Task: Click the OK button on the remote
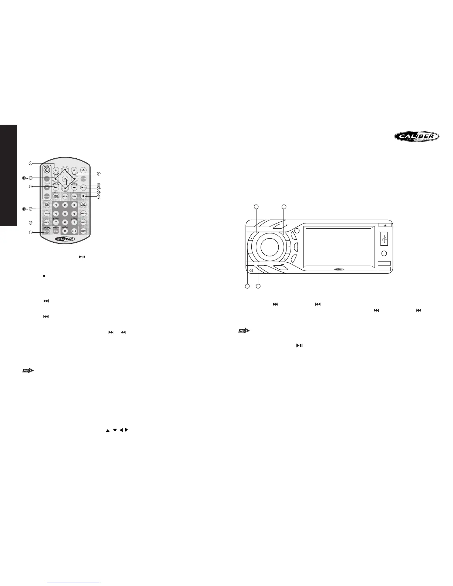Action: coord(65,179)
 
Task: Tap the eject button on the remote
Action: coord(83,170)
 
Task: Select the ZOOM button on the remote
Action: coord(83,231)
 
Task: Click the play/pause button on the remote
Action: coord(83,188)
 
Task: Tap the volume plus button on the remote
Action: coord(47,179)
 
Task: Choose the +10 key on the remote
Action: coord(74,231)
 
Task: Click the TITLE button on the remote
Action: coord(74,196)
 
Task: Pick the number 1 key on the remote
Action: coord(56,205)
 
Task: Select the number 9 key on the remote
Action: coord(74,222)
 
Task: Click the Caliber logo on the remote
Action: coord(65,239)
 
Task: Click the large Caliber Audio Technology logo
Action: coord(416,137)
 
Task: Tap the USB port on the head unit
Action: coord(384,240)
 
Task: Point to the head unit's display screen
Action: coord(338,247)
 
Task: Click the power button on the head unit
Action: coord(251,270)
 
